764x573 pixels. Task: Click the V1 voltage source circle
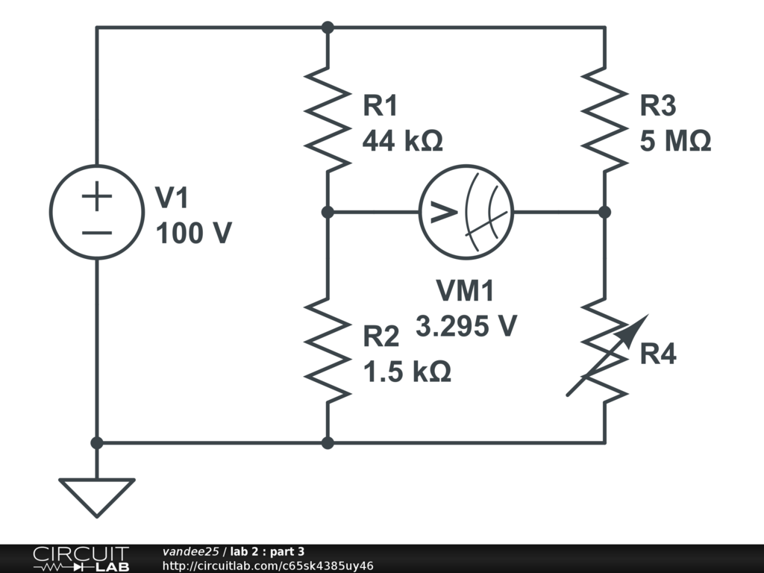[96, 213]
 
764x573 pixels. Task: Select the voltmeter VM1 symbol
[466, 213]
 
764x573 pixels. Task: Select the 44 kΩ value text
[402, 140]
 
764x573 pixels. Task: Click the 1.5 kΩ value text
[407, 372]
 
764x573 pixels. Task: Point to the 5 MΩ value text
[675, 140]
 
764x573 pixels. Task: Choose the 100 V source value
[193, 234]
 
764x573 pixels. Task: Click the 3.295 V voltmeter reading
[466, 326]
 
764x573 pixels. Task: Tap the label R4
[658, 354]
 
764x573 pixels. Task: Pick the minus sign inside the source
[96, 232]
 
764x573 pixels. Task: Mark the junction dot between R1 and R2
[328, 213]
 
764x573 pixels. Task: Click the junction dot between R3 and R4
[604, 213]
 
